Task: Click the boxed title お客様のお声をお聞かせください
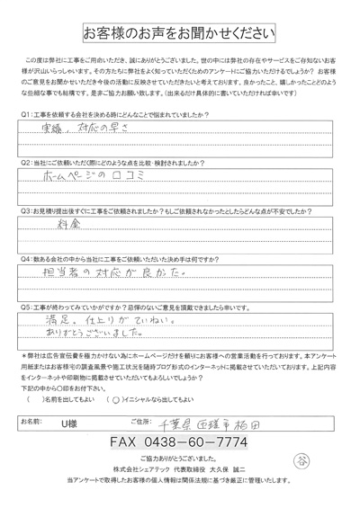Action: [180, 35]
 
